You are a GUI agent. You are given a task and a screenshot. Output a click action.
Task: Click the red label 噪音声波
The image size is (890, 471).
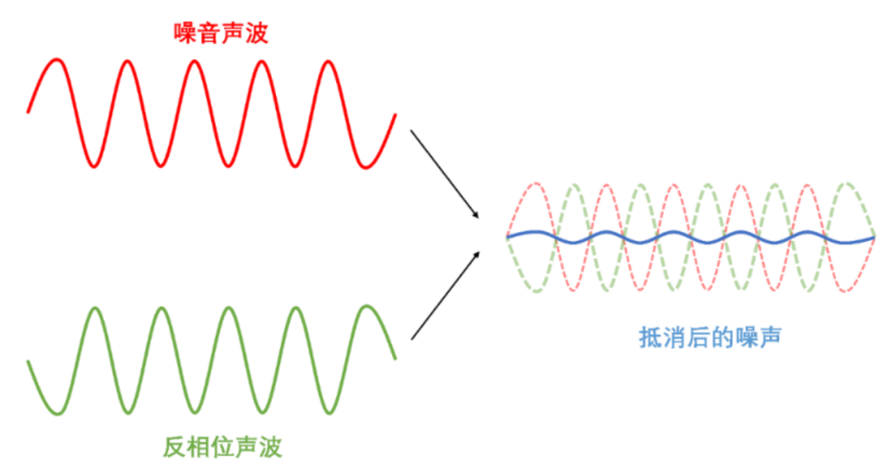coord(221,33)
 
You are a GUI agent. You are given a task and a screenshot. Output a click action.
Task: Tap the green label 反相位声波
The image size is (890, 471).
coord(222,447)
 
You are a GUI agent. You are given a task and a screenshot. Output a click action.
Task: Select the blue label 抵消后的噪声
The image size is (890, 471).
coord(710,338)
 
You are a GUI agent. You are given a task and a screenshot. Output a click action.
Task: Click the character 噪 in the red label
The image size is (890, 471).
coord(185,33)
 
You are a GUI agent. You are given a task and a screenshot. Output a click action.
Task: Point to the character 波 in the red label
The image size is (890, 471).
coord(257,33)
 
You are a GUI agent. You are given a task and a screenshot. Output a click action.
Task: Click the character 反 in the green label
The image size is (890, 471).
coord(175,447)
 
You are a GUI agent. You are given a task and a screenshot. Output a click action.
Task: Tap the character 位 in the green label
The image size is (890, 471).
coord(222,447)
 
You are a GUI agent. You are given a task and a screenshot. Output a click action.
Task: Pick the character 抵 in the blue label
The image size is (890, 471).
coord(650,338)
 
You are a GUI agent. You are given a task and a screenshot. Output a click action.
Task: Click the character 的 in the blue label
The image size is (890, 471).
coord(722,338)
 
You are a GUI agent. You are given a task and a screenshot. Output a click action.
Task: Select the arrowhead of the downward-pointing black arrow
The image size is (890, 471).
coord(476,215)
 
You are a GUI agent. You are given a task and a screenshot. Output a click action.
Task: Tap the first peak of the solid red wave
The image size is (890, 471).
coord(57,60)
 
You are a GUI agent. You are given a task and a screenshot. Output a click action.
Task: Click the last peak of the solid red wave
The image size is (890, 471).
coord(329,62)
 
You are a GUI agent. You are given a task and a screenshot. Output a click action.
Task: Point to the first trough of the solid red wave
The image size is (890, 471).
coord(94,166)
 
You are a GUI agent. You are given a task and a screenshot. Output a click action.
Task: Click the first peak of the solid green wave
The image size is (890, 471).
coord(95,308)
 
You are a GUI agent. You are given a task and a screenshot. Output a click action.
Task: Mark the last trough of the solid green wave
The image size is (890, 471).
coord(330,413)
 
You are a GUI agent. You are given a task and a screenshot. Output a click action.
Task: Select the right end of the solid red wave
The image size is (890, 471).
coord(396,115)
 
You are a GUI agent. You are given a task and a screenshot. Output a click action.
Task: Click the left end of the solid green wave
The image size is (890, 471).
coord(28,361)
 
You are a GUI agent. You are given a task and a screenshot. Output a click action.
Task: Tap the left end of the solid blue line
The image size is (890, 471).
coord(508,237)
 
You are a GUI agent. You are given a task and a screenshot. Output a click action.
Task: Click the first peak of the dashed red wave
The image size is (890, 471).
coord(536,183)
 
